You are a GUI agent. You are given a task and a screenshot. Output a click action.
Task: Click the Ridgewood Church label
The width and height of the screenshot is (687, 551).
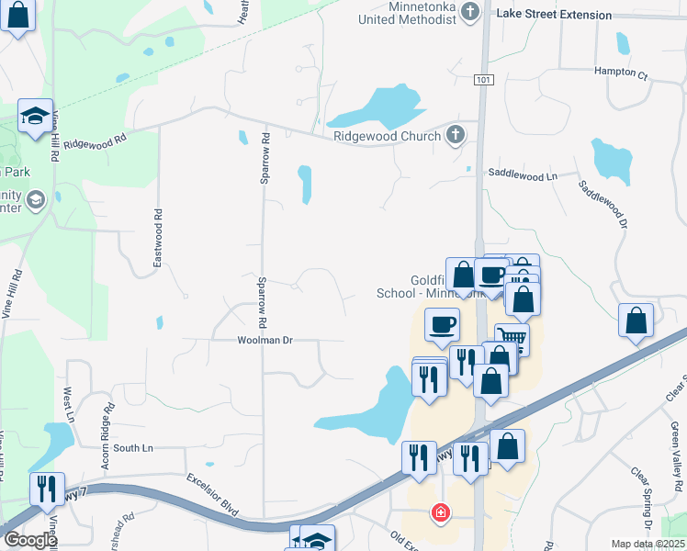coord(389,136)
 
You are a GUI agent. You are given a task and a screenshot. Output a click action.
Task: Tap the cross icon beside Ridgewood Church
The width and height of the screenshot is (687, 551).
coord(455,136)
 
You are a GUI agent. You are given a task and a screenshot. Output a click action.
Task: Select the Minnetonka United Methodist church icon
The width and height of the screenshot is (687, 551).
coord(470,12)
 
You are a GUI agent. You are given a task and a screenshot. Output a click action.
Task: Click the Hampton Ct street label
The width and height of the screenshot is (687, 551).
coord(621,71)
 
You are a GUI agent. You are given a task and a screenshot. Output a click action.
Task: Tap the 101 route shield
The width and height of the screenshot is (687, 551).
coord(483,81)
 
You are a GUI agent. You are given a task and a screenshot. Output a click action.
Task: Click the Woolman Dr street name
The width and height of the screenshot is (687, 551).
coord(265,340)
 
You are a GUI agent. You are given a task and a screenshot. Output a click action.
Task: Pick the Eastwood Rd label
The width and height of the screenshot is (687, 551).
coord(158,239)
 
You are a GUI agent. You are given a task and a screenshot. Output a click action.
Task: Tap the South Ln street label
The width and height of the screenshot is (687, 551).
coord(133,448)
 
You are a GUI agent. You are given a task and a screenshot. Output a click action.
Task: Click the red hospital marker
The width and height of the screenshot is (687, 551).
coord(442,512)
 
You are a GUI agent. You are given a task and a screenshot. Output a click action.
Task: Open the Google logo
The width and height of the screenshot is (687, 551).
coord(30,540)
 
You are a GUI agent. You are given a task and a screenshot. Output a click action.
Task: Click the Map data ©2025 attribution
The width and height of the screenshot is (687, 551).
coord(647,544)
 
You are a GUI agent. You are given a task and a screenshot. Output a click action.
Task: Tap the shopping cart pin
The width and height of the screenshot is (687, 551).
coord(512,340)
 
